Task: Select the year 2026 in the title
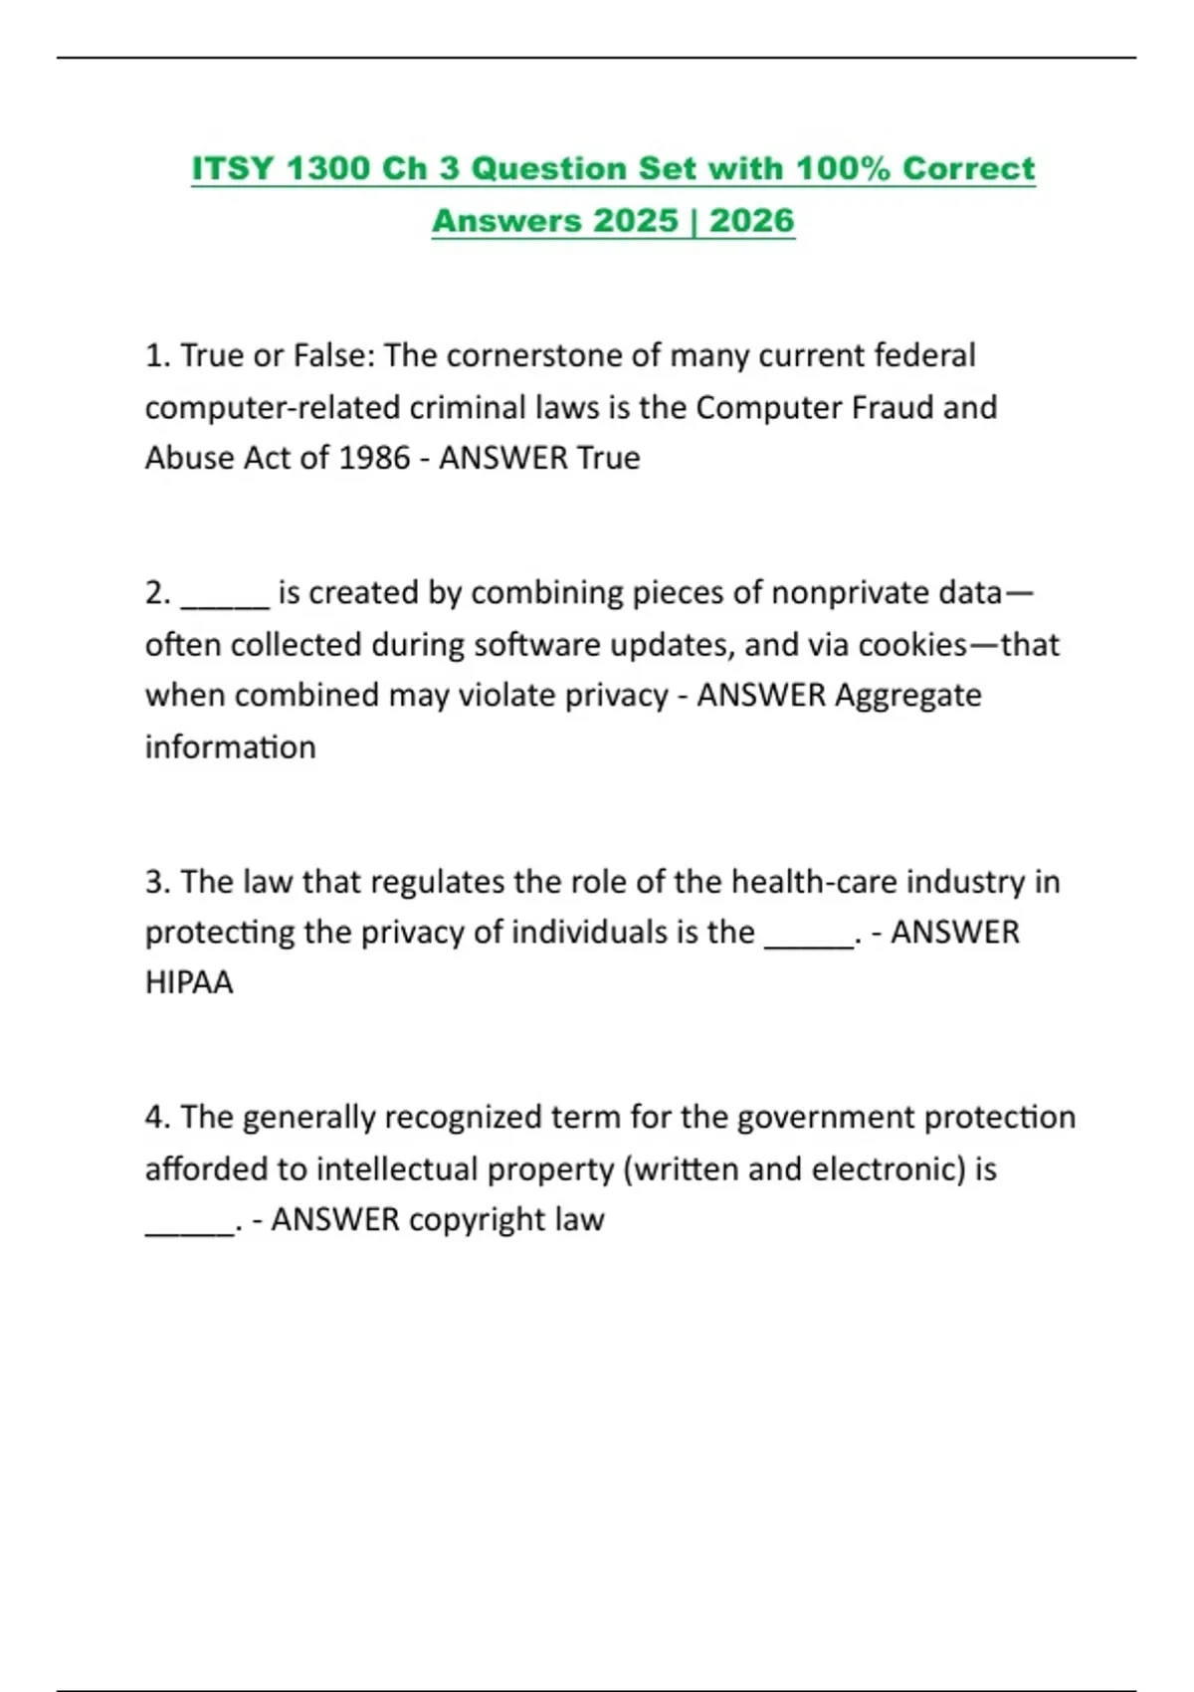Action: (x=751, y=220)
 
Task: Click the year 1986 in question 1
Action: (x=374, y=458)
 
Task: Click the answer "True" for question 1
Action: (x=609, y=458)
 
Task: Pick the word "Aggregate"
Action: (x=908, y=695)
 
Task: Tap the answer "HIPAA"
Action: (x=189, y=982)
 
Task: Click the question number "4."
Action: (x=158, y=1118)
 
